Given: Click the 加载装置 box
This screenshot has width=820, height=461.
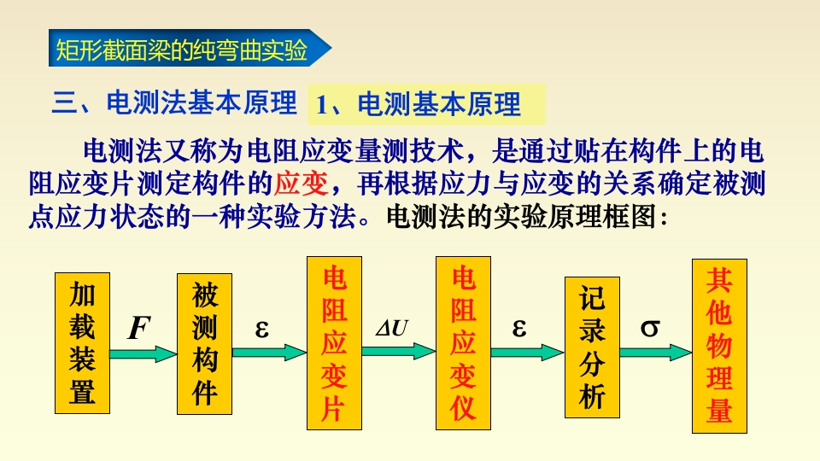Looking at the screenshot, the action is click(82, 344).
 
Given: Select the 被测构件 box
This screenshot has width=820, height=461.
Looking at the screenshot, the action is click(205, 344).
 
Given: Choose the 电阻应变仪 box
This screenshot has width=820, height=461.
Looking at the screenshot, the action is click(463, 344).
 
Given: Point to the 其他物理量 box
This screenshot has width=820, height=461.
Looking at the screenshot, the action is click(719, 344).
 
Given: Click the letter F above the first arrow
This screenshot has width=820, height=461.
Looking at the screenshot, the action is click(138, 328).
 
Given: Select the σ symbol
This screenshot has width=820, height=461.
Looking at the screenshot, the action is click(650, 328).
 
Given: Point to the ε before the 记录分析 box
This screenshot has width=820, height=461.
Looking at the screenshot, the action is click(519, 327).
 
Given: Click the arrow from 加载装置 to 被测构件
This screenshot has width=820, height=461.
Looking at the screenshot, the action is click(143, 352).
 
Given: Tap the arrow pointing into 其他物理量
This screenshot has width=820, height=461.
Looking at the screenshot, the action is click(656, 351).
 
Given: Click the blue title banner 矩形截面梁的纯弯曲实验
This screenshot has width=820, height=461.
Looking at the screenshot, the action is click(188, 51).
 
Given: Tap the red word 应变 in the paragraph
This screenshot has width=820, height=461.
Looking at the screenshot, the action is click(299, 184).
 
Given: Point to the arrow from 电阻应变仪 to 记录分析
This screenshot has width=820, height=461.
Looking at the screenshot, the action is click(528, 351).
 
